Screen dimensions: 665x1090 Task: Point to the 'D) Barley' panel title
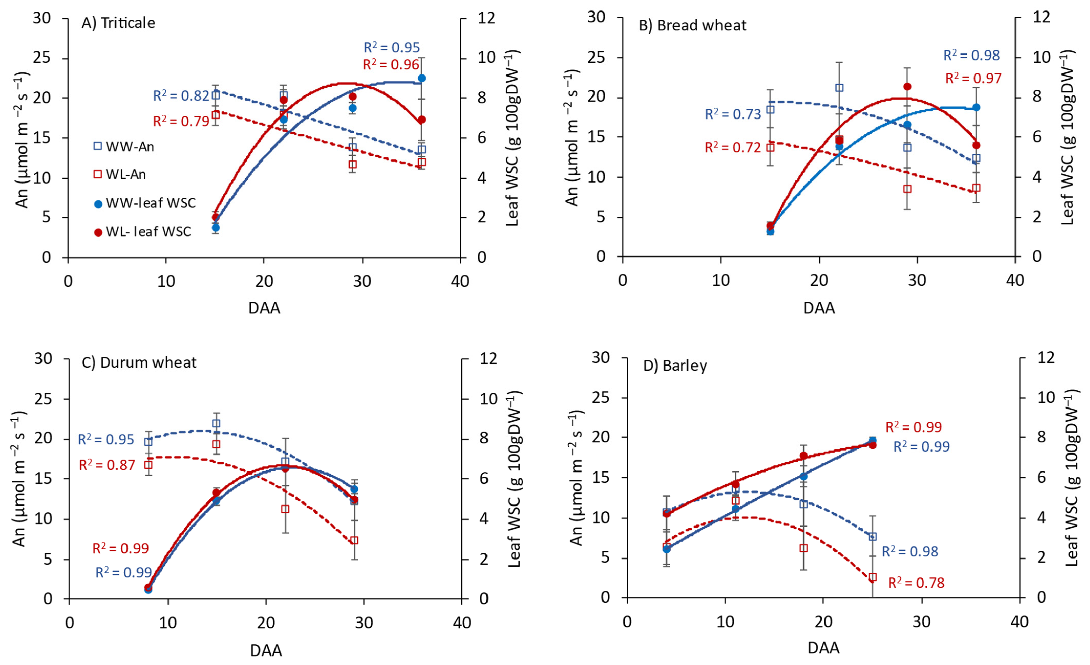(675, 366)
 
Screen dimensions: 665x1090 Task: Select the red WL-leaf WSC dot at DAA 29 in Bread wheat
(907, 87)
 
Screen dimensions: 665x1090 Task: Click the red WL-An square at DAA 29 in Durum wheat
(354, 540)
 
